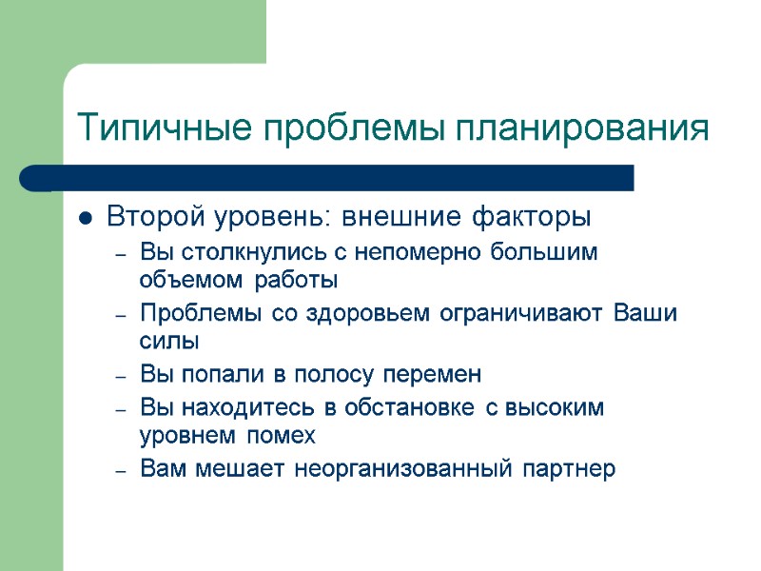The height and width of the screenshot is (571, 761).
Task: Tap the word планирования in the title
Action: point(582,128)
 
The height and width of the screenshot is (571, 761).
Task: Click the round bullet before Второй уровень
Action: point(86,219)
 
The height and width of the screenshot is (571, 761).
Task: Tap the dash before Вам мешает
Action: point(120,469)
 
